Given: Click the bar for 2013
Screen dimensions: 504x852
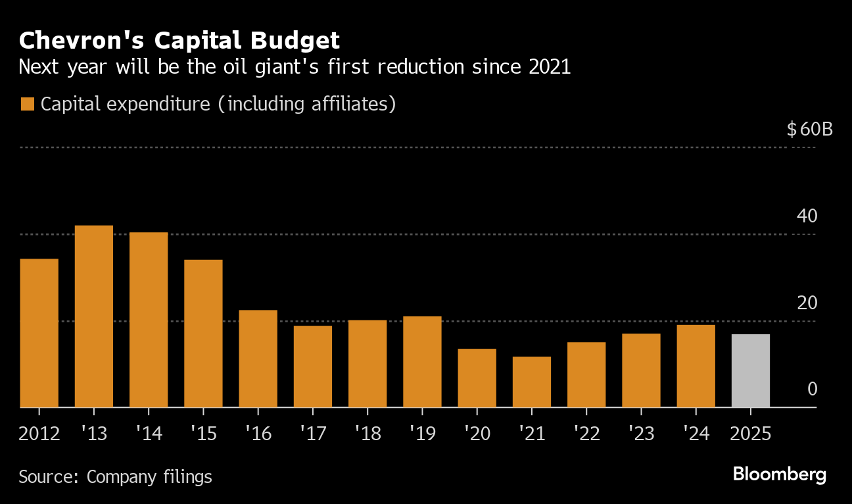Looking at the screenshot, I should (94, 316).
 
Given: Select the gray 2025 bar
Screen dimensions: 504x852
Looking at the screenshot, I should (750, 371).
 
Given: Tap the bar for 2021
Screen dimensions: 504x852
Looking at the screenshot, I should (532, 382).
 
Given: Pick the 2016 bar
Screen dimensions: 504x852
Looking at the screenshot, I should (258, 359).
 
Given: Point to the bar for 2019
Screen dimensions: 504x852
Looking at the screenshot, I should (422, 362).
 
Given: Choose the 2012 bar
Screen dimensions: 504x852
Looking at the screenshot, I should (39, 333).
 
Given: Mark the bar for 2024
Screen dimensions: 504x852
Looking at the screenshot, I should (696, 366).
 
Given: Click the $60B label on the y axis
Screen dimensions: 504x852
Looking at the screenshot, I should (809, 129).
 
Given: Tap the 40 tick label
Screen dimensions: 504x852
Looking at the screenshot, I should (807, 216).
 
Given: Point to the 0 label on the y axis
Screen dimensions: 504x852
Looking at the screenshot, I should (812, 390).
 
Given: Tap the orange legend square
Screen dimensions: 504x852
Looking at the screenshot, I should (27, 105).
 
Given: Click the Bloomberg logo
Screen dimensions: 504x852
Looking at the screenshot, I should (779, 474).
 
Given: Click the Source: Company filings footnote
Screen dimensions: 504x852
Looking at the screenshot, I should (115, 476).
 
